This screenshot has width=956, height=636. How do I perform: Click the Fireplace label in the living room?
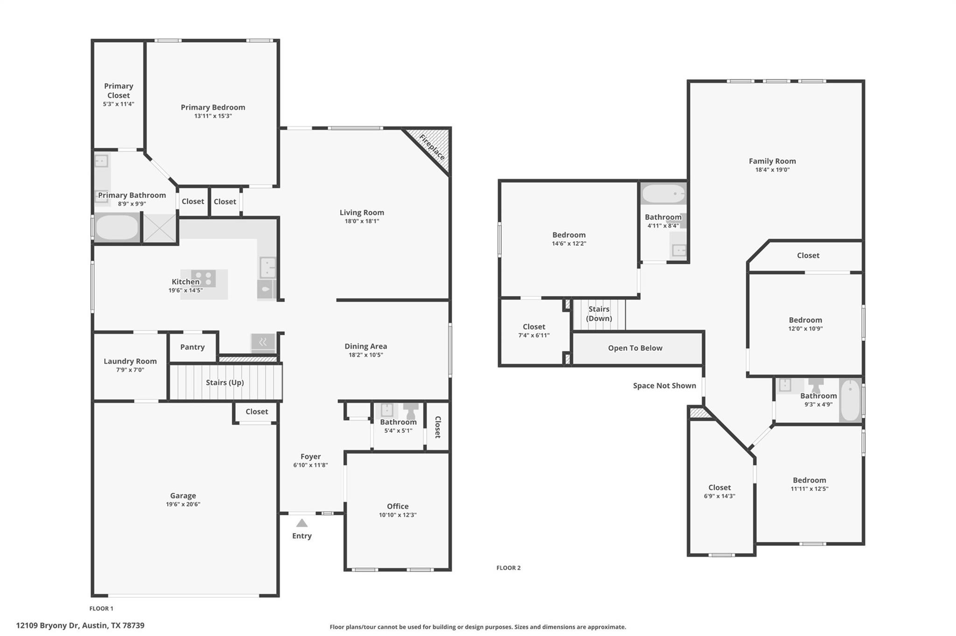tap(432, 147)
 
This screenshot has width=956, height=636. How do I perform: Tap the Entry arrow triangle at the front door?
tap(302, 523)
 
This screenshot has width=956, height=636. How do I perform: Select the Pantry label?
tap(192, 347)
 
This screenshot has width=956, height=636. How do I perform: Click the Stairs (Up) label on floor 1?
tap(225, 382)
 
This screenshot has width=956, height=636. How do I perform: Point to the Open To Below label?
tap(635, 348)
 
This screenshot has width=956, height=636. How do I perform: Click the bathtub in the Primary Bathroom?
tap(117, 228)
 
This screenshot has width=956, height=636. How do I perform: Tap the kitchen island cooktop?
tap(204, 278)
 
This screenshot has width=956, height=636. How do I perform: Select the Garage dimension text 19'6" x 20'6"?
tap(183, 504)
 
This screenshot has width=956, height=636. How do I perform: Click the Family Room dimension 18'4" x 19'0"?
tap(772, 170)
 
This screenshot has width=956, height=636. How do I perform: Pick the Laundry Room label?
tap(130, 361)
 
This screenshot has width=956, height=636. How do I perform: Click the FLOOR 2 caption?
tap(508, 567)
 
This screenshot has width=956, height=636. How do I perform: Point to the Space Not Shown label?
tap(664, 386)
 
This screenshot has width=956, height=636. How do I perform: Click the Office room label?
tap(397, 506)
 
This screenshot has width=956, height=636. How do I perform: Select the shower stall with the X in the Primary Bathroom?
tap(159, 228)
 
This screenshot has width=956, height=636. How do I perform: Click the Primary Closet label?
tap(119, 90)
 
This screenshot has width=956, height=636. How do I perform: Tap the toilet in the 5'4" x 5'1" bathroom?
tap(411, 411)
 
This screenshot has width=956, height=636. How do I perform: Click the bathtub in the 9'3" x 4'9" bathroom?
tap(851, 400)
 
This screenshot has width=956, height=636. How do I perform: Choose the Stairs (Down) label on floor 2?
tap(599, 313)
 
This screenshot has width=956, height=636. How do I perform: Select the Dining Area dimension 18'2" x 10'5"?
tap(366, 355)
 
